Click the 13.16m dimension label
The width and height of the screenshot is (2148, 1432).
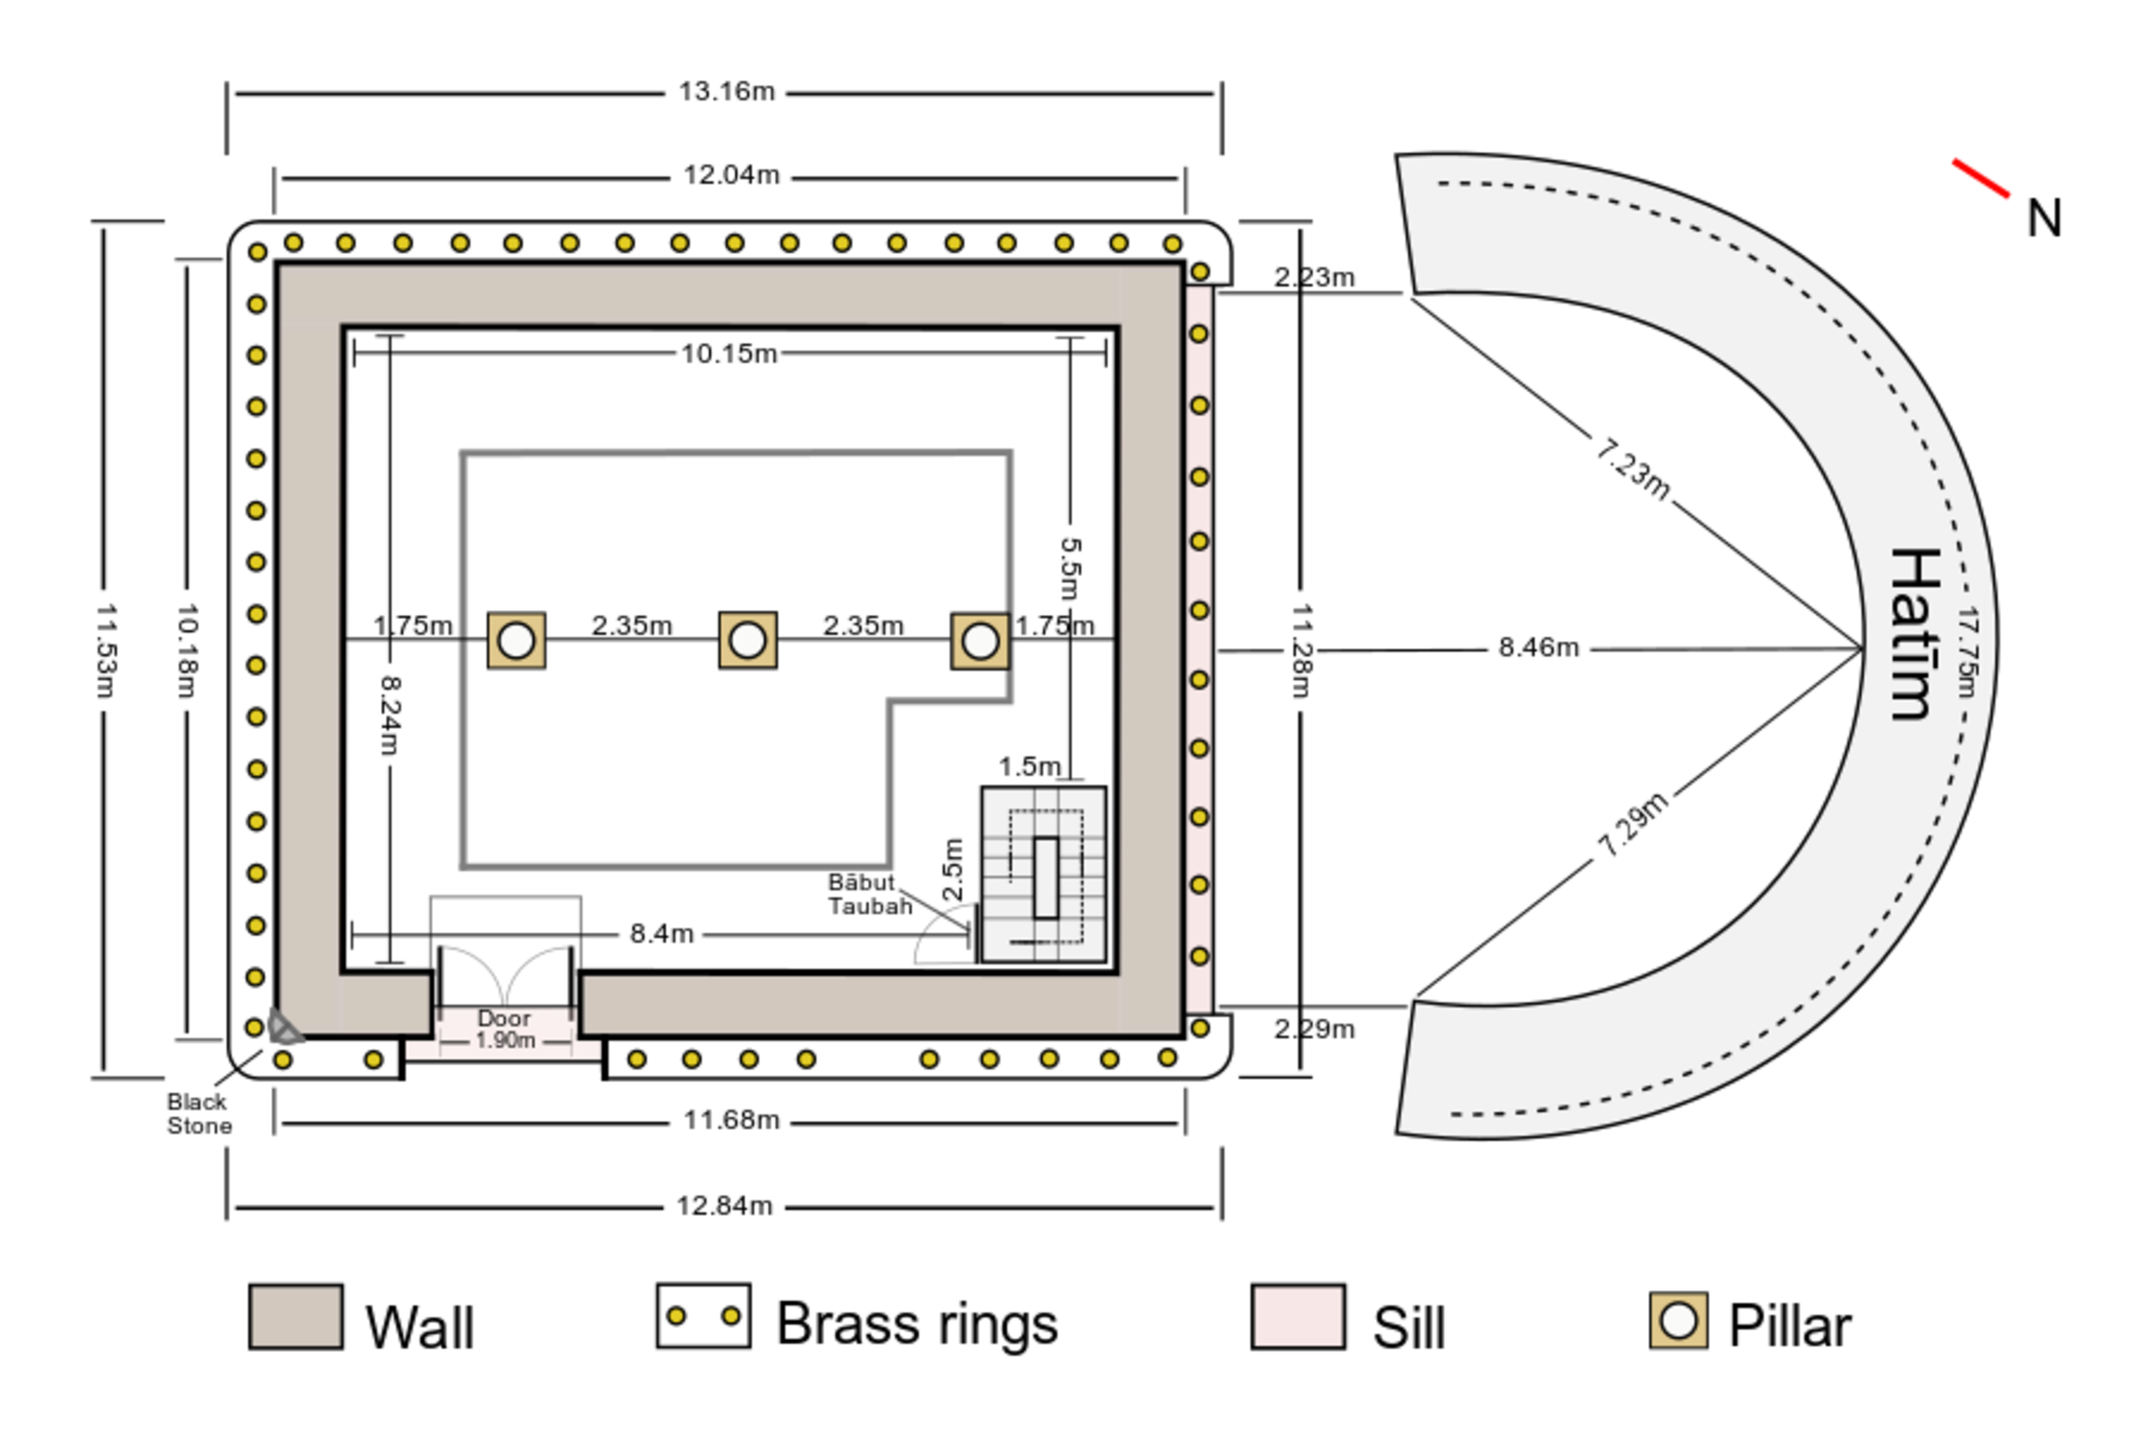coord(727,92)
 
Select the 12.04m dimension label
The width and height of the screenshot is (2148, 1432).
coord(732,175)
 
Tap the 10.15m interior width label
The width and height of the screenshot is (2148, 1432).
coord(730,353)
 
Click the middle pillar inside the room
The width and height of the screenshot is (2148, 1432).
coord(748,640)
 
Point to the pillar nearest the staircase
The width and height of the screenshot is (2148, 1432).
coord(980,640)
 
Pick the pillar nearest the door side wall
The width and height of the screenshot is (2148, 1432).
coord(516,640)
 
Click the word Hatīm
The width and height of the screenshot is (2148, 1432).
coord(1912,635)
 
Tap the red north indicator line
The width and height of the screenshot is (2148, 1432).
coord(1981,177)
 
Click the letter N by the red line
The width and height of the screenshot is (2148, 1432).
coord(2044,219)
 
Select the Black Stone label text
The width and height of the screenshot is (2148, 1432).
coord(198,1114)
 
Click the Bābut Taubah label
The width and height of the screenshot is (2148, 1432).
coord(868,895)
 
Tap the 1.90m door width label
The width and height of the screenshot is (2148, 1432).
coord(505,1040)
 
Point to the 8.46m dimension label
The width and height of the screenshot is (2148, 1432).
coord(1539,648)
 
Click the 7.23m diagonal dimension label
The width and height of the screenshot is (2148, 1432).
coord(1633,468)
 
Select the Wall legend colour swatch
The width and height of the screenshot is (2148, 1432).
coord(296,1316)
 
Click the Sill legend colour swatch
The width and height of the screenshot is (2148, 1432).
coord(1298,1316)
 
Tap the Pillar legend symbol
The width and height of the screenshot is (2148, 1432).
coord(1677,1320)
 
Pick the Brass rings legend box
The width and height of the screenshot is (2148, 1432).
coord(703,1316)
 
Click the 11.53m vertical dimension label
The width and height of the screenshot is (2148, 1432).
coord(106,649)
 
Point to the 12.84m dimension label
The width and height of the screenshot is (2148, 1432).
coord(725,1206)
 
